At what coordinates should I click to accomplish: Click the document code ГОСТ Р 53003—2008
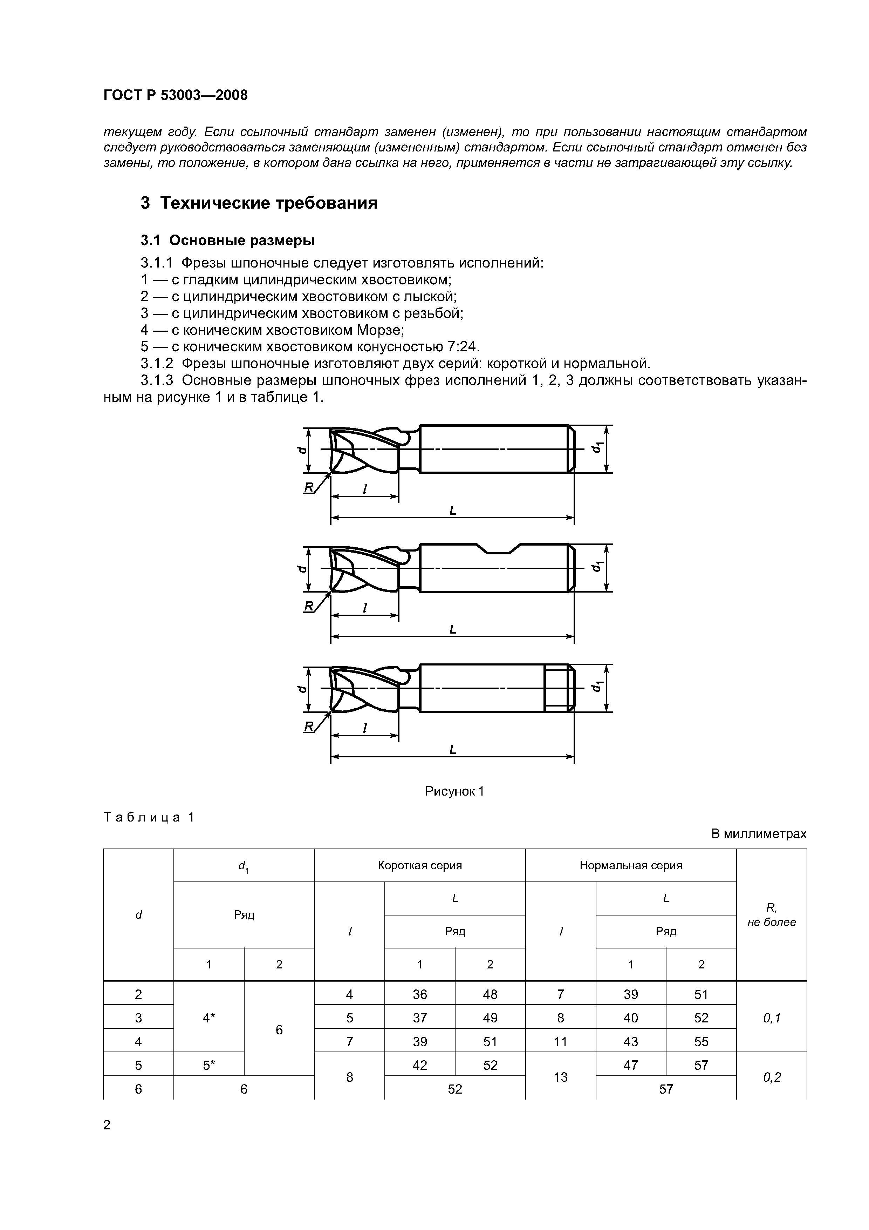point(175,95)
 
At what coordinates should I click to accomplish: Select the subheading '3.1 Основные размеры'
point(227,241)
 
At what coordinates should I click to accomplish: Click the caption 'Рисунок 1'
point(454,791)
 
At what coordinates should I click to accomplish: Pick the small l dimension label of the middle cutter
point(365,608)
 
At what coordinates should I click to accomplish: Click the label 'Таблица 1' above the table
point(149,817)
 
